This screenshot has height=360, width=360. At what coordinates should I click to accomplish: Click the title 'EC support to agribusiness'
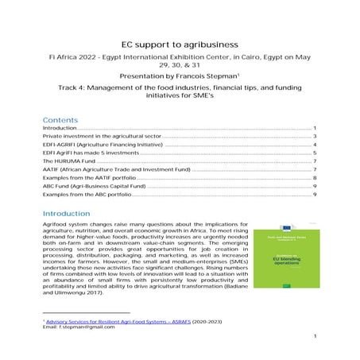click(180, 45)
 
